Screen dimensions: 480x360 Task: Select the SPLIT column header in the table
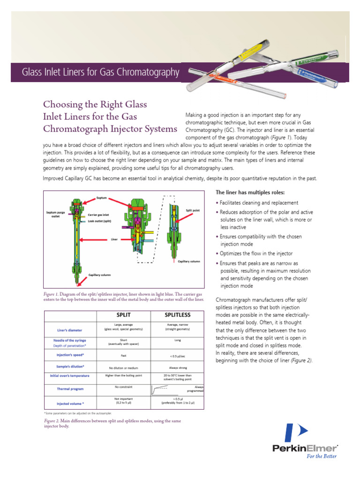coord(124,315)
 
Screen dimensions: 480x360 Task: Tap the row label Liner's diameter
coord(70,330)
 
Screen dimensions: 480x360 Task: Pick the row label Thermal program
coord(70,388)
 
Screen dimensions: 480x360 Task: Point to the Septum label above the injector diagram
coord(102,198)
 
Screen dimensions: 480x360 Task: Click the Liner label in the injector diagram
coord(114,239)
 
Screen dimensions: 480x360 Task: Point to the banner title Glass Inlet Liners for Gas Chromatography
coord(101,72)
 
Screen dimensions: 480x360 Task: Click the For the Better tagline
coord(322,456)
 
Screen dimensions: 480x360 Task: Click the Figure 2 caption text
coord(112,424)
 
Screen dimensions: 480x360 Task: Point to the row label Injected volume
coord(70,403)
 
